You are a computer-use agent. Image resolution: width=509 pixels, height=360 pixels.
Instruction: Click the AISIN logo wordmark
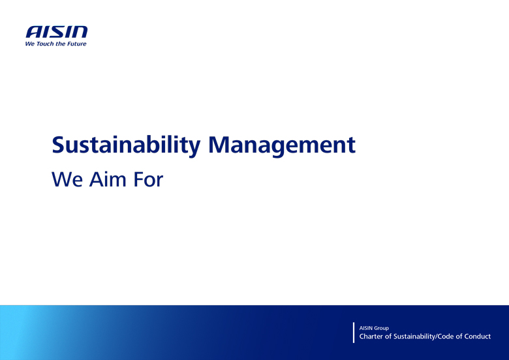pos(56,32)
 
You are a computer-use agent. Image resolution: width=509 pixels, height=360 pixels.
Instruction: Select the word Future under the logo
pos(76,44)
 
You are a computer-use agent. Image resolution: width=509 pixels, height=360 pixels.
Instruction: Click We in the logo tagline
pos(29,44)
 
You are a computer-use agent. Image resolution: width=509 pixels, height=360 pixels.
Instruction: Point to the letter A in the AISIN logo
pos(33,32)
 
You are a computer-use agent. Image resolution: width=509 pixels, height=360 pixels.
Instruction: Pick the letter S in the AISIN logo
pos(57,32)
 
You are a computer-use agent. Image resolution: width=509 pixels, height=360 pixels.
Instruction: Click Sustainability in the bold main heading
pos(126,145)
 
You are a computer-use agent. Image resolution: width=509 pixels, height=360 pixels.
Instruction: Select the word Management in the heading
pos(282,145)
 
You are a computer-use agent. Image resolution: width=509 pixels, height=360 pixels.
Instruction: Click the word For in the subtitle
pos(148,179)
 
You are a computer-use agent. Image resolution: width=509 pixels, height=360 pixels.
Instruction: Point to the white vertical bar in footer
pos(354,333)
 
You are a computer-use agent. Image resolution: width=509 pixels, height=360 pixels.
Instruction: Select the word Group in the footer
pos(382,328)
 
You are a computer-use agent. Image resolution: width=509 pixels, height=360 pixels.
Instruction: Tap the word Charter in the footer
pos(373,337)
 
